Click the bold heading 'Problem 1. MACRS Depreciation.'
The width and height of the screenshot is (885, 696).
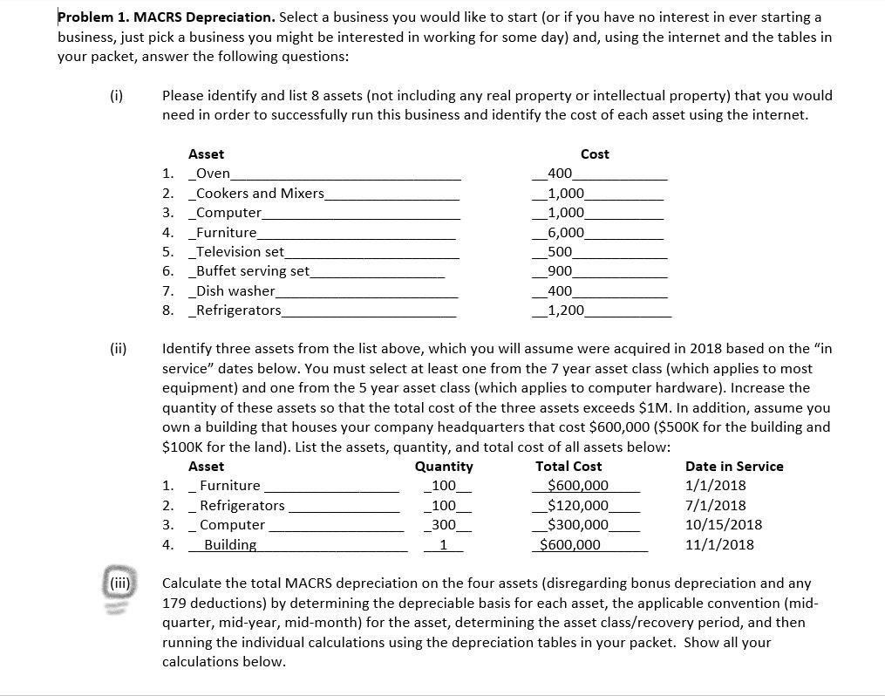(166, 17)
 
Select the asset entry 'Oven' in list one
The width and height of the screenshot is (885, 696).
(214, 174)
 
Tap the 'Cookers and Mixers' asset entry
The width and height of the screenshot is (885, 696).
(261, 193)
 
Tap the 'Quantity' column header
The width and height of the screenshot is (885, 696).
(444, 467)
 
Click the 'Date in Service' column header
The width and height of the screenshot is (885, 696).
(734, 467)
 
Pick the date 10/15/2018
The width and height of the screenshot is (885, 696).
(723, 524)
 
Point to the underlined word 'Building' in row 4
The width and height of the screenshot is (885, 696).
(230, 544)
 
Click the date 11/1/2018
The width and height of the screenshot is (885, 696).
(719, 544)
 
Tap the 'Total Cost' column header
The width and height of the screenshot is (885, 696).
(568, 467)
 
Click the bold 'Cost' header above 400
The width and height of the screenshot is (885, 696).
(595, 154)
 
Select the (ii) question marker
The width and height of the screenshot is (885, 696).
(118, 349)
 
